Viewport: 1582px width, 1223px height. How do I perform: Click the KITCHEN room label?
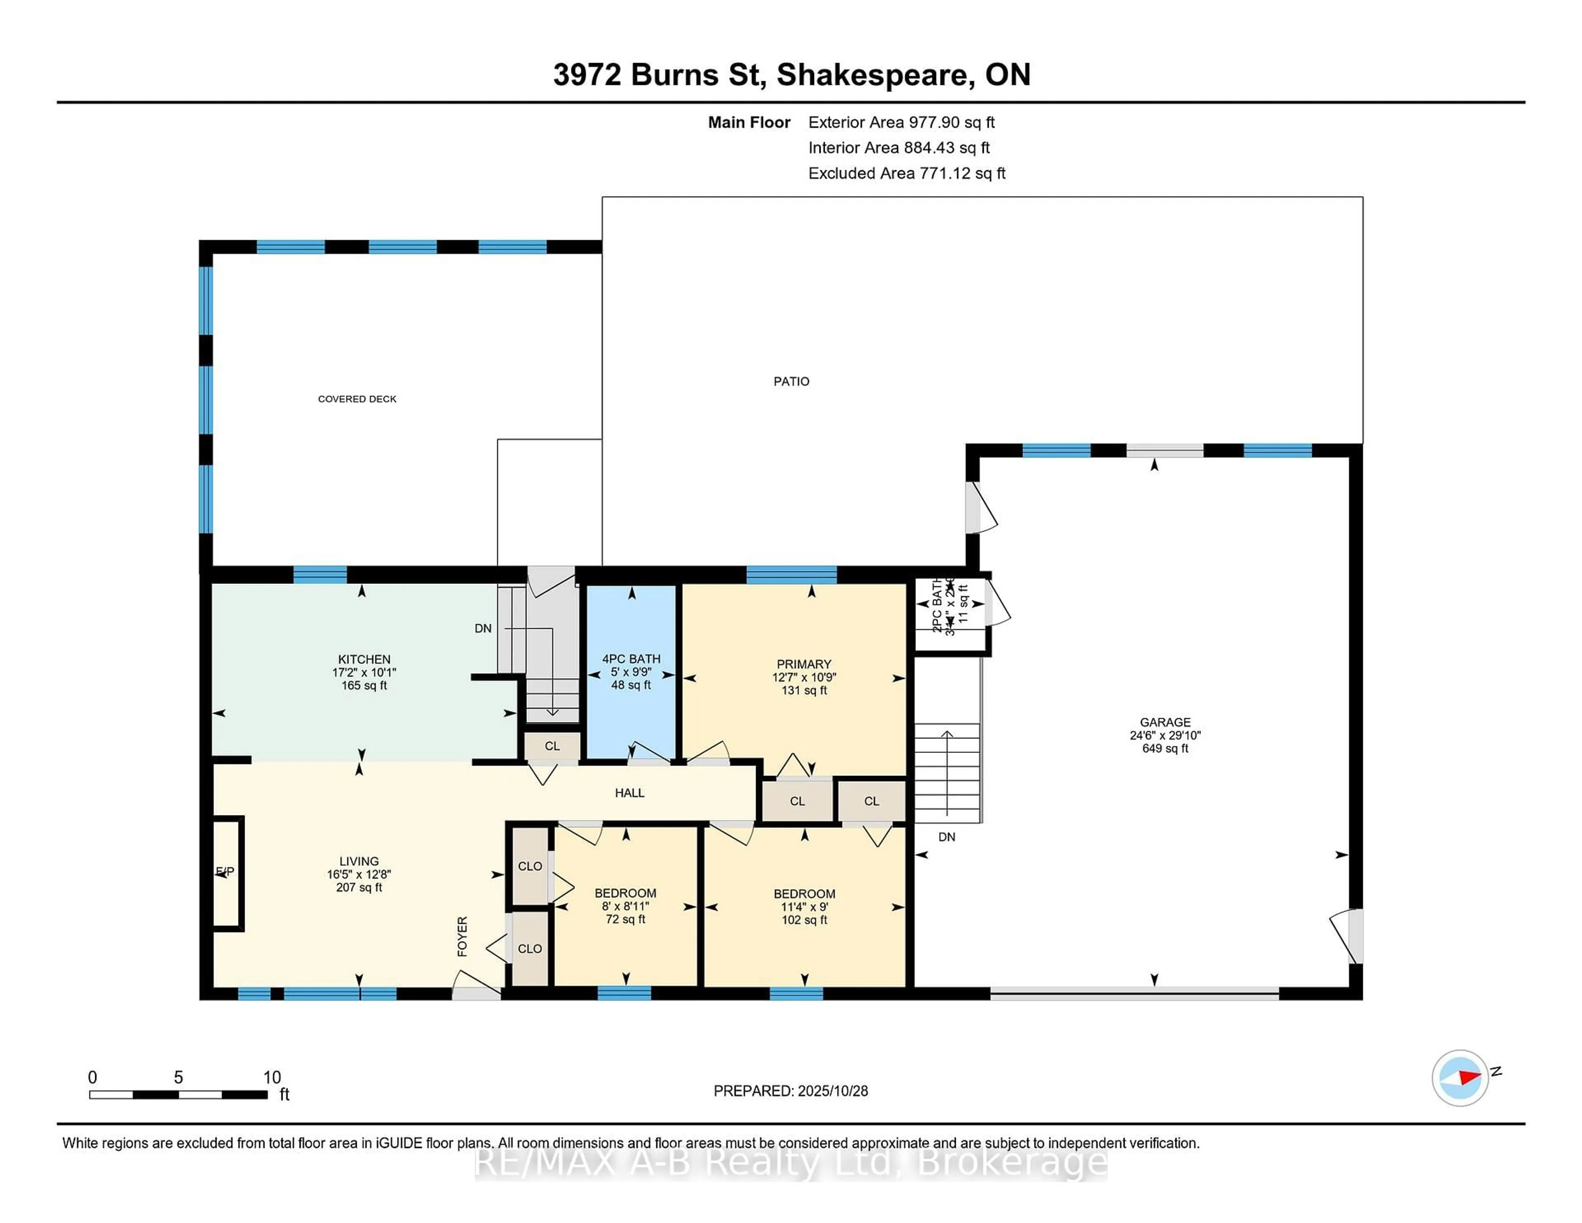[x=364, y=659]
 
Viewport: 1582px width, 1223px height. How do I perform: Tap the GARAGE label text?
[x=1165, y=722]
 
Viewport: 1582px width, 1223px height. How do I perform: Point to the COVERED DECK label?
[x=357, y=399]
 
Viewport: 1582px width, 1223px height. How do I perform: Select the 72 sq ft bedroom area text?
[x=625, y=919]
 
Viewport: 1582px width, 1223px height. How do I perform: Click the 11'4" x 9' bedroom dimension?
[x=804, y=907]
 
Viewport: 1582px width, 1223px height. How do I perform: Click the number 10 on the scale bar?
[x=271, y=1078]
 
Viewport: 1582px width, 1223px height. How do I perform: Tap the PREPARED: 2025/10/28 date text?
[x=790, y=1091]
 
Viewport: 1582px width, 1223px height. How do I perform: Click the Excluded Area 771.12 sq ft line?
[x=906, y=173]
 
